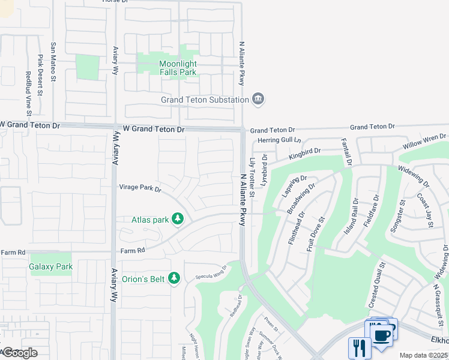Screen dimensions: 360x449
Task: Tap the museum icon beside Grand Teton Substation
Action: tap(259, 100)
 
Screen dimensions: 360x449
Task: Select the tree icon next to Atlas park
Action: tap(177, 219)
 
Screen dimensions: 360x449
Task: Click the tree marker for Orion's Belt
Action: tap(174, 278)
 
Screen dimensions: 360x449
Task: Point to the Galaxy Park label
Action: tap(51, 266)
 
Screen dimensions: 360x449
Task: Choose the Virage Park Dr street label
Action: tap(140, 188)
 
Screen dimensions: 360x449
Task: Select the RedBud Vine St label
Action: tap(28, 94)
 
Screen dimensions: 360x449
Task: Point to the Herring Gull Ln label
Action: tap(279, 140)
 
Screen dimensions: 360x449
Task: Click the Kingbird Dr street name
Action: tap(305, 154)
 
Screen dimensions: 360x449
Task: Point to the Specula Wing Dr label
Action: tap(211, 273)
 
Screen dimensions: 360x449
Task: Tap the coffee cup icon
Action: tap(382, 333)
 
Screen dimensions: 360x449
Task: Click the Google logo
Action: tap(19, 353)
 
